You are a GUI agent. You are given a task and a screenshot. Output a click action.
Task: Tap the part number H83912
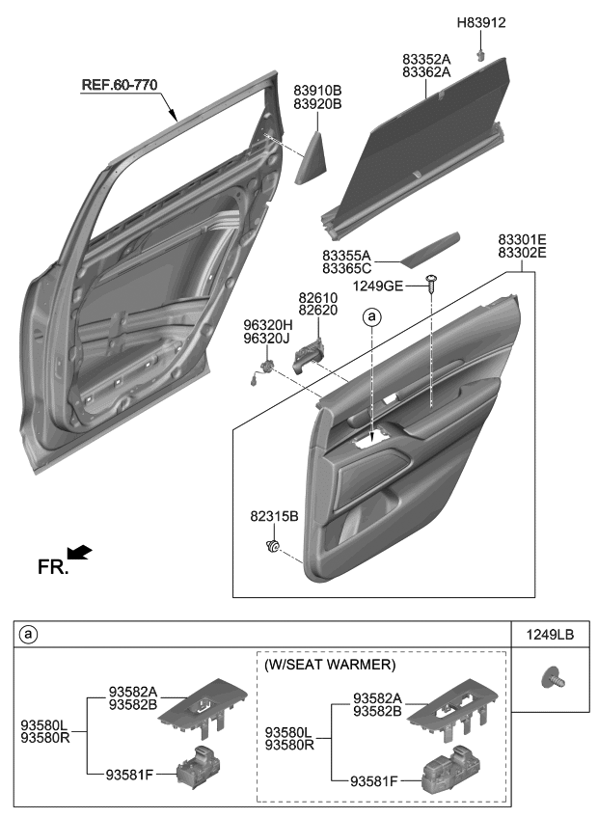(481, 21)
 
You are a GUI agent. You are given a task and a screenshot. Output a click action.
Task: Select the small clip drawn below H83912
(478, 56)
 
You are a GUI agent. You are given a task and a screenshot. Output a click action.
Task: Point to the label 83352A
(426, 58)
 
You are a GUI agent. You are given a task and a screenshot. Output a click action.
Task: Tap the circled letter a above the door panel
(371, 315)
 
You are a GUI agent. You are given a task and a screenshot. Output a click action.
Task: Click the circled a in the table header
(29, 634)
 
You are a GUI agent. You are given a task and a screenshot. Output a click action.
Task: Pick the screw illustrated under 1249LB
(553, 678)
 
